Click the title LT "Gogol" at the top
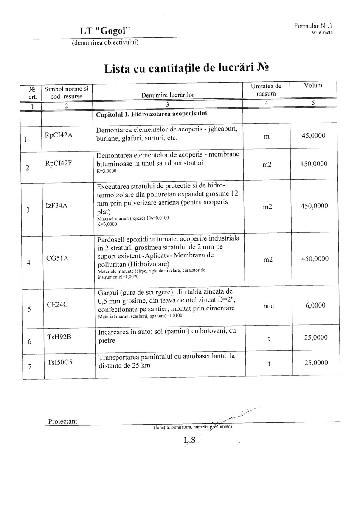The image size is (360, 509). click(104, 31)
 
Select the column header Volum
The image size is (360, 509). click(313, 86)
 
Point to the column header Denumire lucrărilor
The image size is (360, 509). click(168, 95)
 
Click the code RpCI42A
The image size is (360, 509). click(59, 135)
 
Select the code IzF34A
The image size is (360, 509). click(56, 206)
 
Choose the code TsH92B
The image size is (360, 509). click(59, 337)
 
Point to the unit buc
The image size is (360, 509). click(268, 306)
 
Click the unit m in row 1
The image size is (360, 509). click(267, 137)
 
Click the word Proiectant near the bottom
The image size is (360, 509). click(63, 422)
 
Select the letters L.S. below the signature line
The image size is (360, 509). click(191, 440)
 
